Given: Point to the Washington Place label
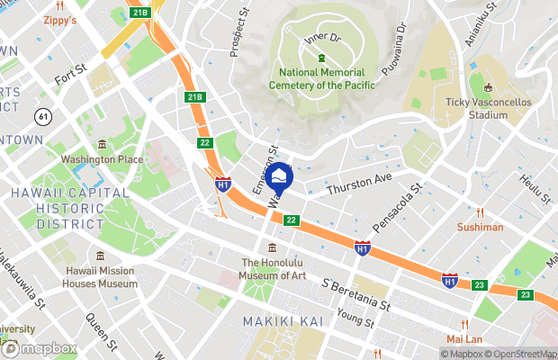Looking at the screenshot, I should (102, 159).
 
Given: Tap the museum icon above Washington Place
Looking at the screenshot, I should (102, 145).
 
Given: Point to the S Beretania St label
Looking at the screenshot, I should (356, 294).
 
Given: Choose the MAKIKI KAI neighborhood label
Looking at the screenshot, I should (280, 321).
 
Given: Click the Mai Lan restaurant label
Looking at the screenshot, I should (466, 339).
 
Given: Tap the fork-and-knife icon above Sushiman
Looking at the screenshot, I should (480, 213).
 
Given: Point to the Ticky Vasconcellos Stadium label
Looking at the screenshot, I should (489, 109).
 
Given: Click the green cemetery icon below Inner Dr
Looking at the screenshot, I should (320, 59).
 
